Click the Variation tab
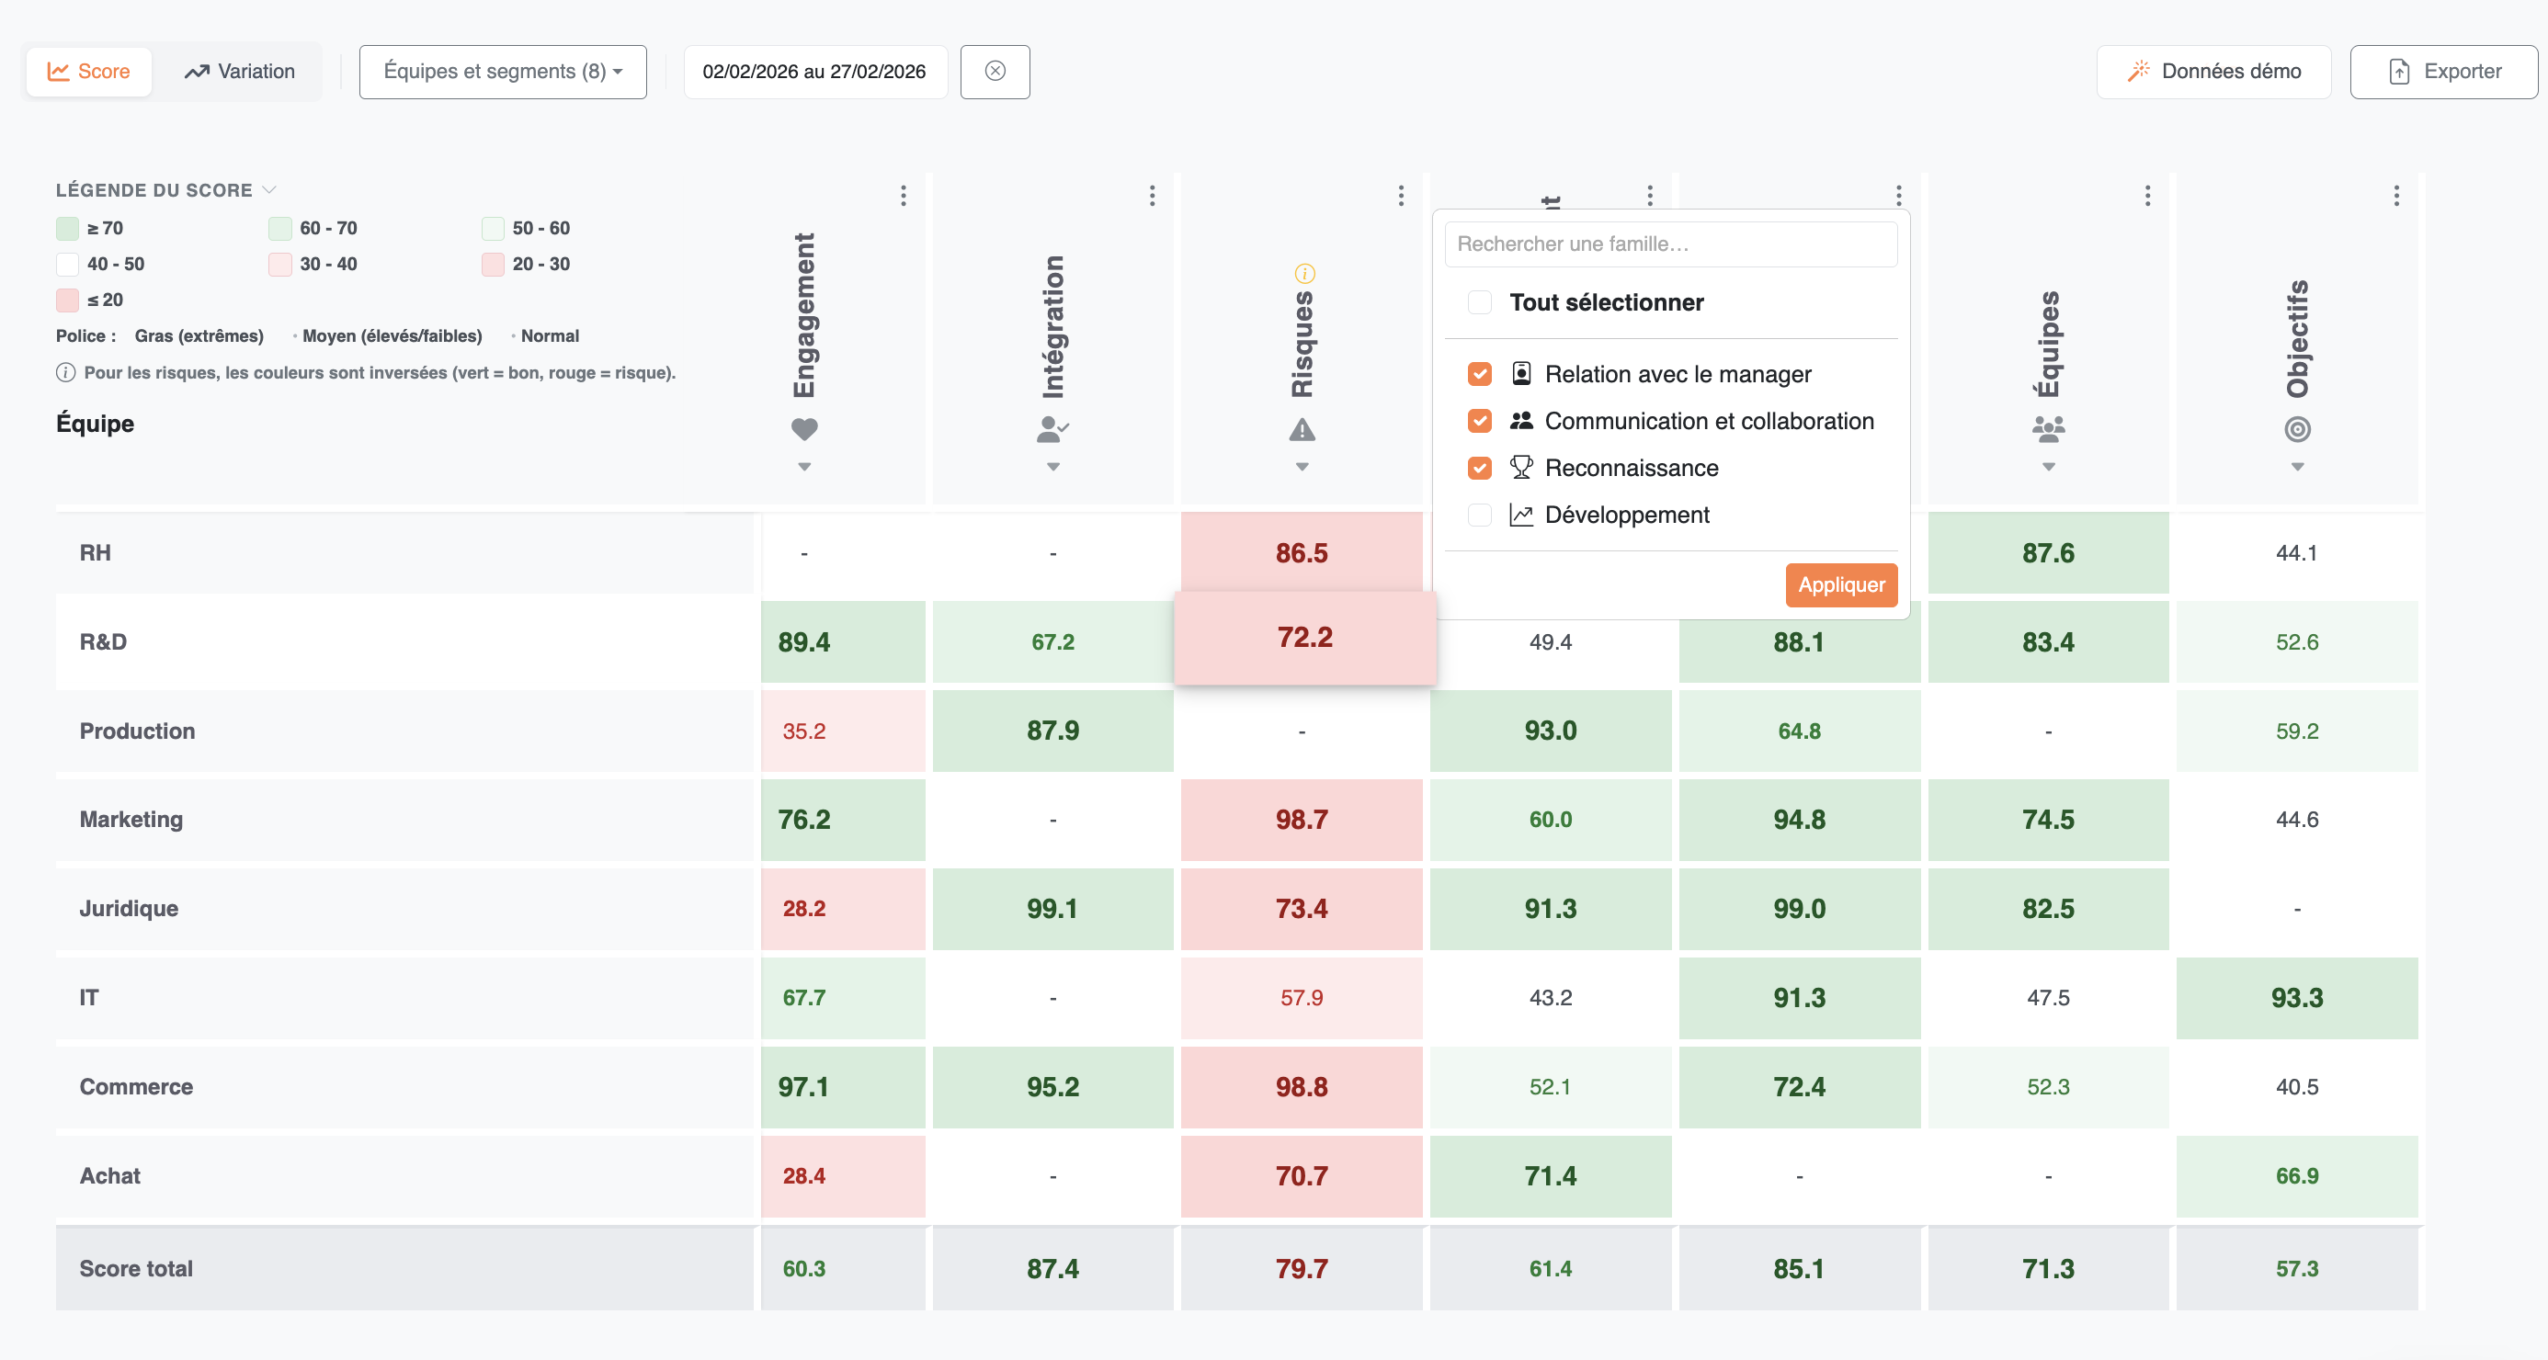point(239,71)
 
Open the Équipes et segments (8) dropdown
point(503,71)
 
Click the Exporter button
point(2443,71)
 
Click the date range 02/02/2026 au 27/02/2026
point(814,71)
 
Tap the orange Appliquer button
point(1840,584)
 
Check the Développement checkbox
point(1480,515)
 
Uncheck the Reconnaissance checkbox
point(1480,468)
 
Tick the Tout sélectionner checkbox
point(1480,302)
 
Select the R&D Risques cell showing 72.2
point(1303,638)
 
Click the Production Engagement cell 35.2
point(804,731)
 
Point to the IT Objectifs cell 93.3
point(2296,997)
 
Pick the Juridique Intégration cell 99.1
point(1052,908)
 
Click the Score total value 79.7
point(1301,1268)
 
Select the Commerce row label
point(136,1086)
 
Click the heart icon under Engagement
point(804,429)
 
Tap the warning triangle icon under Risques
point(1302,429)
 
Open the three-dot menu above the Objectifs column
point(2395,195)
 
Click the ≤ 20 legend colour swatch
point(67,300)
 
